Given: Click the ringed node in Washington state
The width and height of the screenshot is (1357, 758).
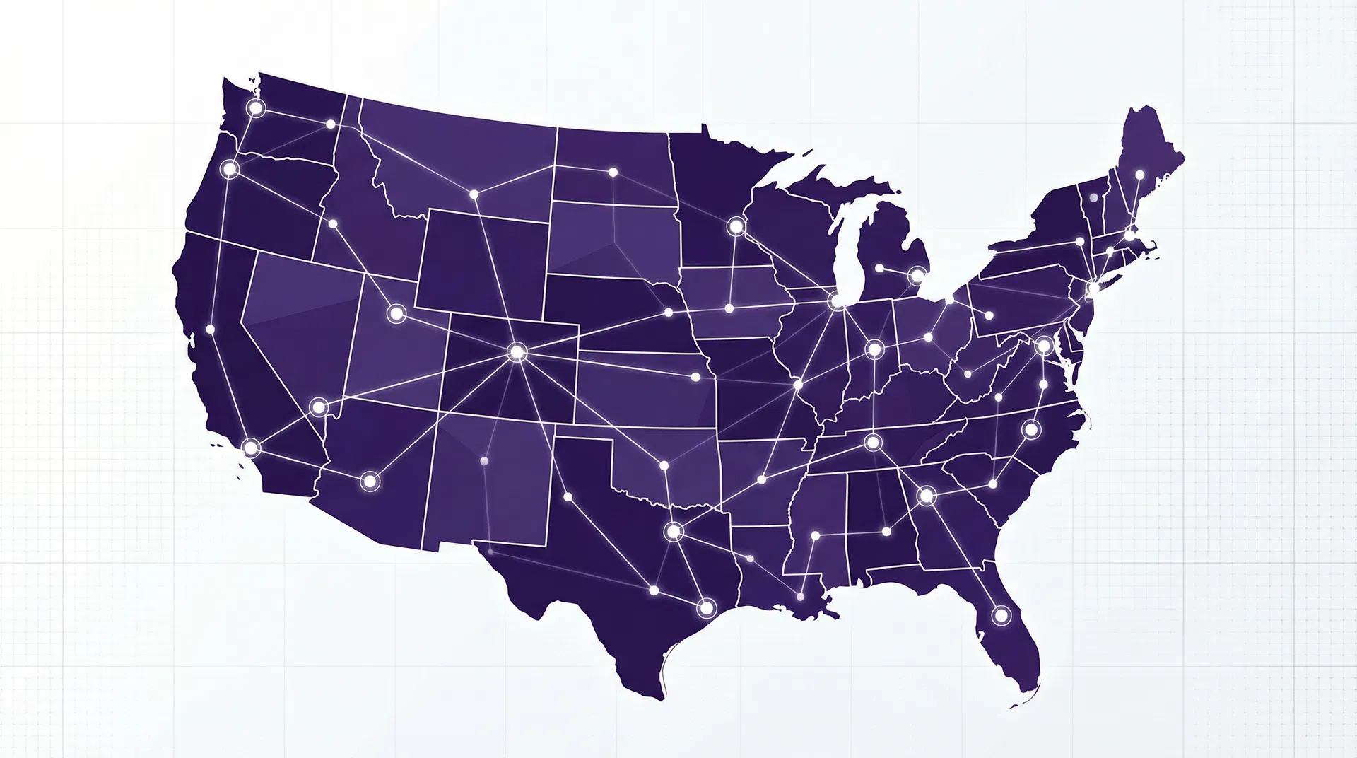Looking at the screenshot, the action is pos(255,108).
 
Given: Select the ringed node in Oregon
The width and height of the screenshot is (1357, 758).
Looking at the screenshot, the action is pos(229,169).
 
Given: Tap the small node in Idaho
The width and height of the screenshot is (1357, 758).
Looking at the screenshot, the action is pos(333,223).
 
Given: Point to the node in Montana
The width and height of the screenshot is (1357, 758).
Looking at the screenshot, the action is pos(474,194).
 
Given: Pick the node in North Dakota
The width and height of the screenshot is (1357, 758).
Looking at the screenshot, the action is pos(613,172).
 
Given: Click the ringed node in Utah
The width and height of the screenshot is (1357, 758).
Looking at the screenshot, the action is pos(395,313).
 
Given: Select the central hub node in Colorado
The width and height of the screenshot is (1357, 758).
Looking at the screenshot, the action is pos(517,351).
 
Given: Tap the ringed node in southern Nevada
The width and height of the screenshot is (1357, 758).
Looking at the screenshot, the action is pos(319,407).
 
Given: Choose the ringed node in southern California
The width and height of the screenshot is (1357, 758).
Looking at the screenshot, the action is pos(250,448).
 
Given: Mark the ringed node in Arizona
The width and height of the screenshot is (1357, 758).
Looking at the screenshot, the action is pos(369,482).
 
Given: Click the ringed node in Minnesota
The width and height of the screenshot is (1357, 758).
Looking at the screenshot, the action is pos(736,226).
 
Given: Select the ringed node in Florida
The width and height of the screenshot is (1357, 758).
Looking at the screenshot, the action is pos(1001,614).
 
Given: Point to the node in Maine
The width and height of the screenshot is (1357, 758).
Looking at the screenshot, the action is pos(1139,174).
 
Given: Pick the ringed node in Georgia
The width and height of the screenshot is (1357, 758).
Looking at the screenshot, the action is pos(926,496).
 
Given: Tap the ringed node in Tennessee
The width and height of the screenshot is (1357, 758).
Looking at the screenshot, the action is pos(873,443).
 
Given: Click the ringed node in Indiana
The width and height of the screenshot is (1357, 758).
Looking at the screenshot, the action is pos(874,349).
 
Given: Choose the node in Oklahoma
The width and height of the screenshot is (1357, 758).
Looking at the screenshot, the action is pos(664,465).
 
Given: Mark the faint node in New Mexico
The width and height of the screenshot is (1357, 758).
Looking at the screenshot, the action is pos(484,461).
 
